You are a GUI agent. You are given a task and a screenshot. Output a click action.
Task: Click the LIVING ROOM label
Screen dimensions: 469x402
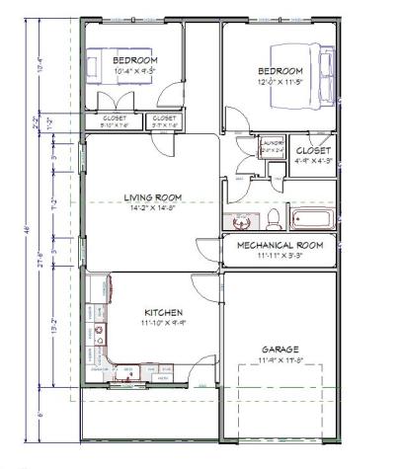(x=150, y=196)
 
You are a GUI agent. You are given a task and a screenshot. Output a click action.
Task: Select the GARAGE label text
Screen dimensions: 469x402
(x=280, y=350)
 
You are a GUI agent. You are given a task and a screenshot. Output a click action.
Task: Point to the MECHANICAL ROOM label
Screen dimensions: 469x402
(x=281, y=245)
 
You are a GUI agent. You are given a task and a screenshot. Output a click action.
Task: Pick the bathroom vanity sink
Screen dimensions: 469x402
(x=238, y=221)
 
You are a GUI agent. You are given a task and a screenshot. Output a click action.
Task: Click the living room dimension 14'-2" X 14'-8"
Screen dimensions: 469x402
(x=150, y=208)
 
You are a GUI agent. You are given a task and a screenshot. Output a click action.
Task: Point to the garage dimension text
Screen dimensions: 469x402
(x=280, y=361)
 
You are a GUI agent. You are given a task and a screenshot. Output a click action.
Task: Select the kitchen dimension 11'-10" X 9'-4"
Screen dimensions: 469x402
(x=149, y=322)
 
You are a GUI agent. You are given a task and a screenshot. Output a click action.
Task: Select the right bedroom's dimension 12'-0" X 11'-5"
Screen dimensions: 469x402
(x=281, y=82)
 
